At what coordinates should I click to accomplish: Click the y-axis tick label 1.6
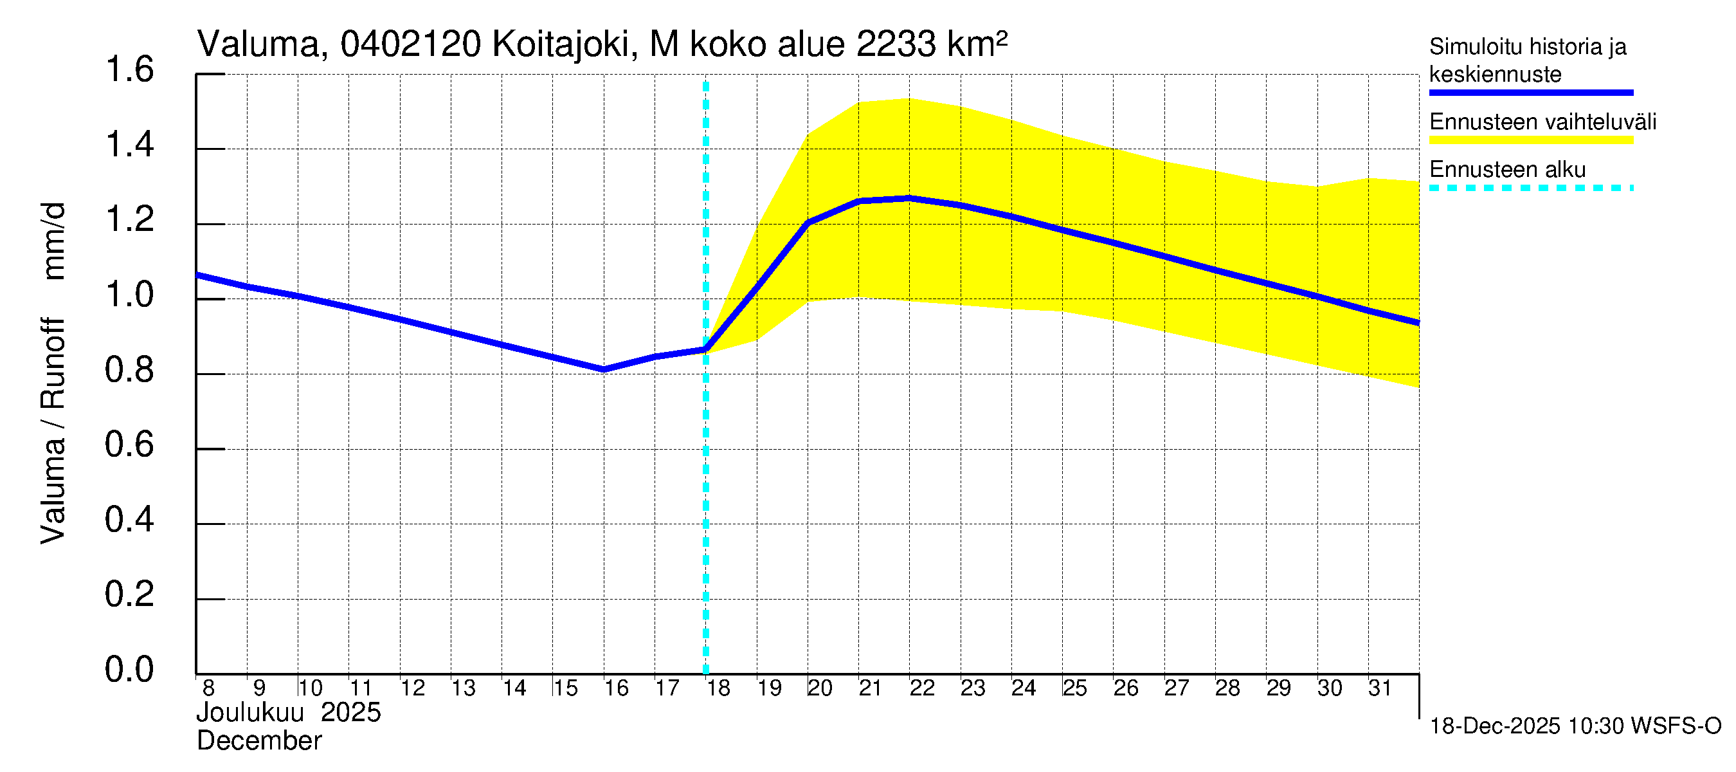tap(129, 70)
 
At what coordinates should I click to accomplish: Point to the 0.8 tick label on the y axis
tap(129, 370)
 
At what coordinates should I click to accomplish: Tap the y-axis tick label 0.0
tap(129, 670)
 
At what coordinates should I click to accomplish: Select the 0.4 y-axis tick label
tap(129, 520)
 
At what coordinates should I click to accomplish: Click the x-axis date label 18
tap(718, 688)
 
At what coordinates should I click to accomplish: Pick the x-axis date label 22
tap(922, 688)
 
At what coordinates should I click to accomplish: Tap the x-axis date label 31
tap(1380, 688)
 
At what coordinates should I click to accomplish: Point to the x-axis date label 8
tap(208, 688)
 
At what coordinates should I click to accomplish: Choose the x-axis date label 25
tap(1075, 688)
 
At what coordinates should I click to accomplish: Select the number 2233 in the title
tap(896, 44)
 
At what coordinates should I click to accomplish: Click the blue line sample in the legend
tap(1531, 93)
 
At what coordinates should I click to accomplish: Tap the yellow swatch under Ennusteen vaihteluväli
tap(1531, 140)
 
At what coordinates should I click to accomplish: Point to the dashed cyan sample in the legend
tap(1531, 188)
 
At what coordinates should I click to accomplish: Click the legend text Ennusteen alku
tap(1508, 169)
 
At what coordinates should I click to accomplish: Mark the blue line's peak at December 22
tap(909, 198)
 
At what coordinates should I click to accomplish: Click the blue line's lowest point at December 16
tap(604, 369)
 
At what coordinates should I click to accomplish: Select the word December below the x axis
tap(258, 741)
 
